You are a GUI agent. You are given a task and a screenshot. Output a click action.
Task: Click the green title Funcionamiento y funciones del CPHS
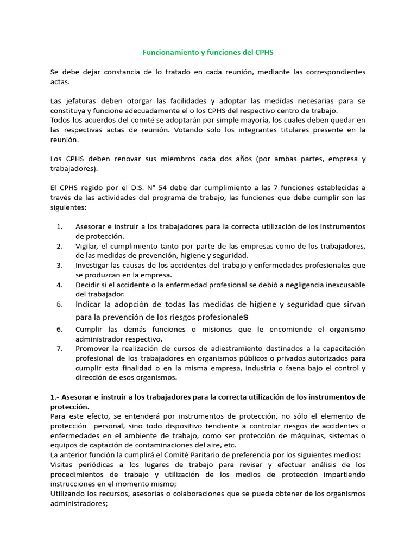point(208,53)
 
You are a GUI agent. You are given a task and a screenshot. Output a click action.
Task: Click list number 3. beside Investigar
point(60,265)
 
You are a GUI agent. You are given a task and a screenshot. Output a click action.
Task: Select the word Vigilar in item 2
point(88,246)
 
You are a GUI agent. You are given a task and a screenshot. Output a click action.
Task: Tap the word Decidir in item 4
point(89,285)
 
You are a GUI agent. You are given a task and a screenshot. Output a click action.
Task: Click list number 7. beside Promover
point(60,348)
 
